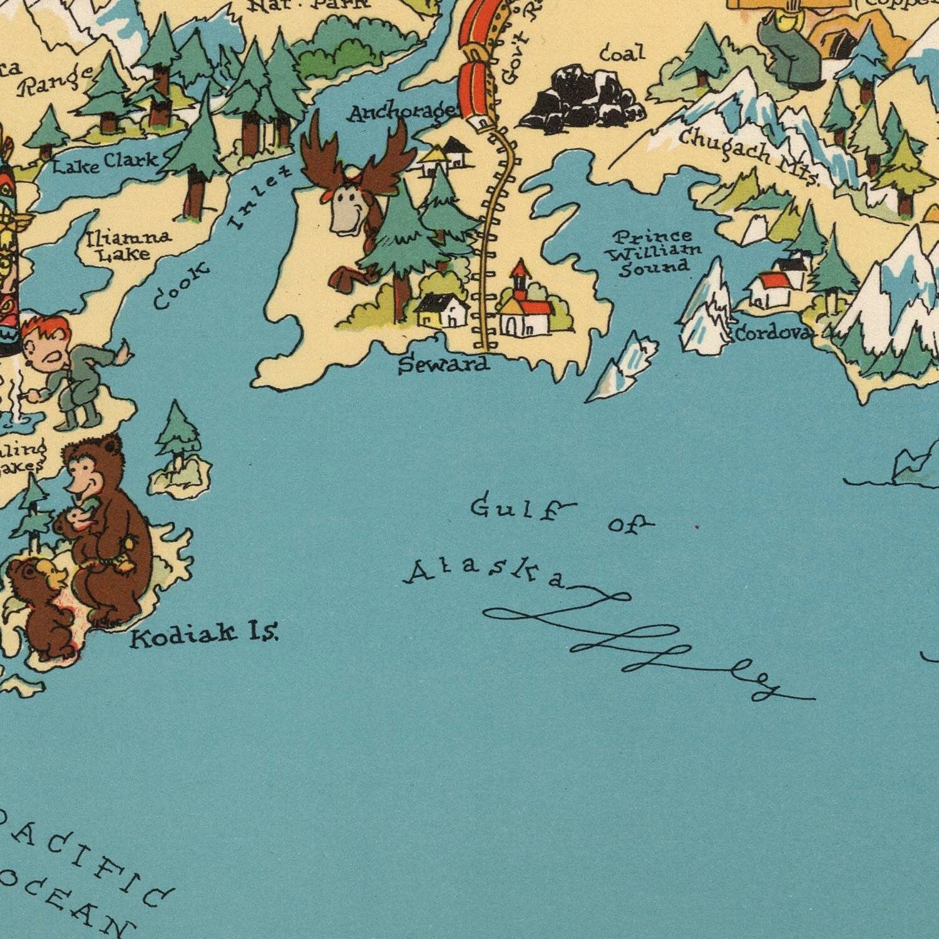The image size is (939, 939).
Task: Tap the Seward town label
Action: (444, 364)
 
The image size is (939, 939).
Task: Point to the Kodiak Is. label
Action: (204, 637)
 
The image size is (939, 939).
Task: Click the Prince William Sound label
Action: (655, 252)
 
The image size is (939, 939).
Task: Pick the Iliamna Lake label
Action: (128, 245)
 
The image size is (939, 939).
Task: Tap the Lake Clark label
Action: (105, 163)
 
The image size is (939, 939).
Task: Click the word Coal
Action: (622, 54)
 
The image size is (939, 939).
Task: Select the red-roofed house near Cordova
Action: (770, 288)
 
